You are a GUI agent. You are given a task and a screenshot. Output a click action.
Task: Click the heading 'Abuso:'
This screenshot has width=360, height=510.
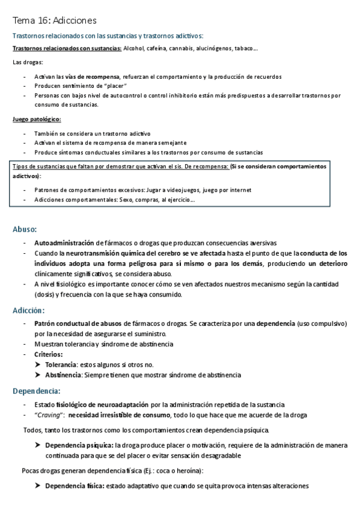tap(25, 229)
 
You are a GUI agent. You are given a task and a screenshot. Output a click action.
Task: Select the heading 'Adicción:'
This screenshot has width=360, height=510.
tap(28, 310)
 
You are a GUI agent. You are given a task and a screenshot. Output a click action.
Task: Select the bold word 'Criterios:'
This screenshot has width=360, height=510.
tap(49, 354)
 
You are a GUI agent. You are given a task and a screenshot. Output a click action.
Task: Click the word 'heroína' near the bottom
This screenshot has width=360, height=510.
tap(188, 470)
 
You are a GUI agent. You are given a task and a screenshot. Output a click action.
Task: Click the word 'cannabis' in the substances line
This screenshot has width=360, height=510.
tap(188, 49)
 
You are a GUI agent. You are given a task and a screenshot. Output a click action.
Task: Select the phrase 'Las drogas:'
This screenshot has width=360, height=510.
tap(28, 63)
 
